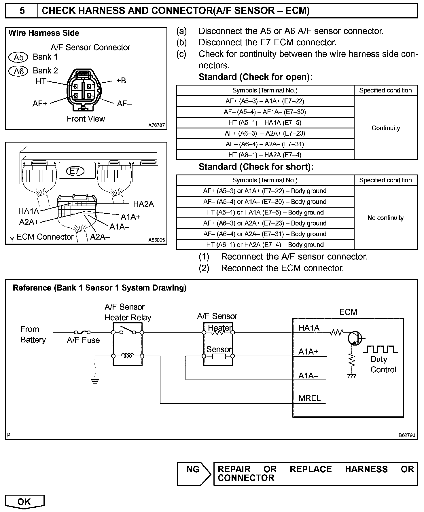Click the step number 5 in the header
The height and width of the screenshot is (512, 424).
click(x=22, y=11)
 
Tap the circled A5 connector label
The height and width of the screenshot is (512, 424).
click(x=18, y=57)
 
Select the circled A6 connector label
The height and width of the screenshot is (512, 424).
click(x=18, y=71)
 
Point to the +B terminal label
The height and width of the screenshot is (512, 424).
click(x=121, y=81)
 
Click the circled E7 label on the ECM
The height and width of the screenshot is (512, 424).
click(x=75, y=171)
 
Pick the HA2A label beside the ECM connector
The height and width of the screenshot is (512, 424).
click(x=143, y=204)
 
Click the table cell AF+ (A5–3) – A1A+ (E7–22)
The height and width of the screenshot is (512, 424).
click(x=265, y=101)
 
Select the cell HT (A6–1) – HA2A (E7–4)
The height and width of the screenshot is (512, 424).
click(x=265, y=155)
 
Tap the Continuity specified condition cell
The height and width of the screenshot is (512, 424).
click(x=386, y=128)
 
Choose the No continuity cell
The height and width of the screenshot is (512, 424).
click(x=385, y=218)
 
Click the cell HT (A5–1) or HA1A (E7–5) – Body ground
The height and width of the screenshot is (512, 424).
click(x=265, y=213)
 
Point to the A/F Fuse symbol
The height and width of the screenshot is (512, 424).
click(x=83, y=332)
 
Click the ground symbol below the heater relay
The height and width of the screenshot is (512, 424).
click(x=95, y=381)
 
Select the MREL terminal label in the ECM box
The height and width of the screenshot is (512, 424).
click(x=309, y=398)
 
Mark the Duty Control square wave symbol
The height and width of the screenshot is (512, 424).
click(x=380, y=349)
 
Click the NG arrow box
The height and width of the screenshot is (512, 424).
click(x=194, y=474)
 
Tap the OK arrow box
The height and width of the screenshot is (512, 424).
click(x=24, y=502)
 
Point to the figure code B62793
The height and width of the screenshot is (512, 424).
click(x=407, y=435)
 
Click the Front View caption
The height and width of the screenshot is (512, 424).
click(x=86, y=119)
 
